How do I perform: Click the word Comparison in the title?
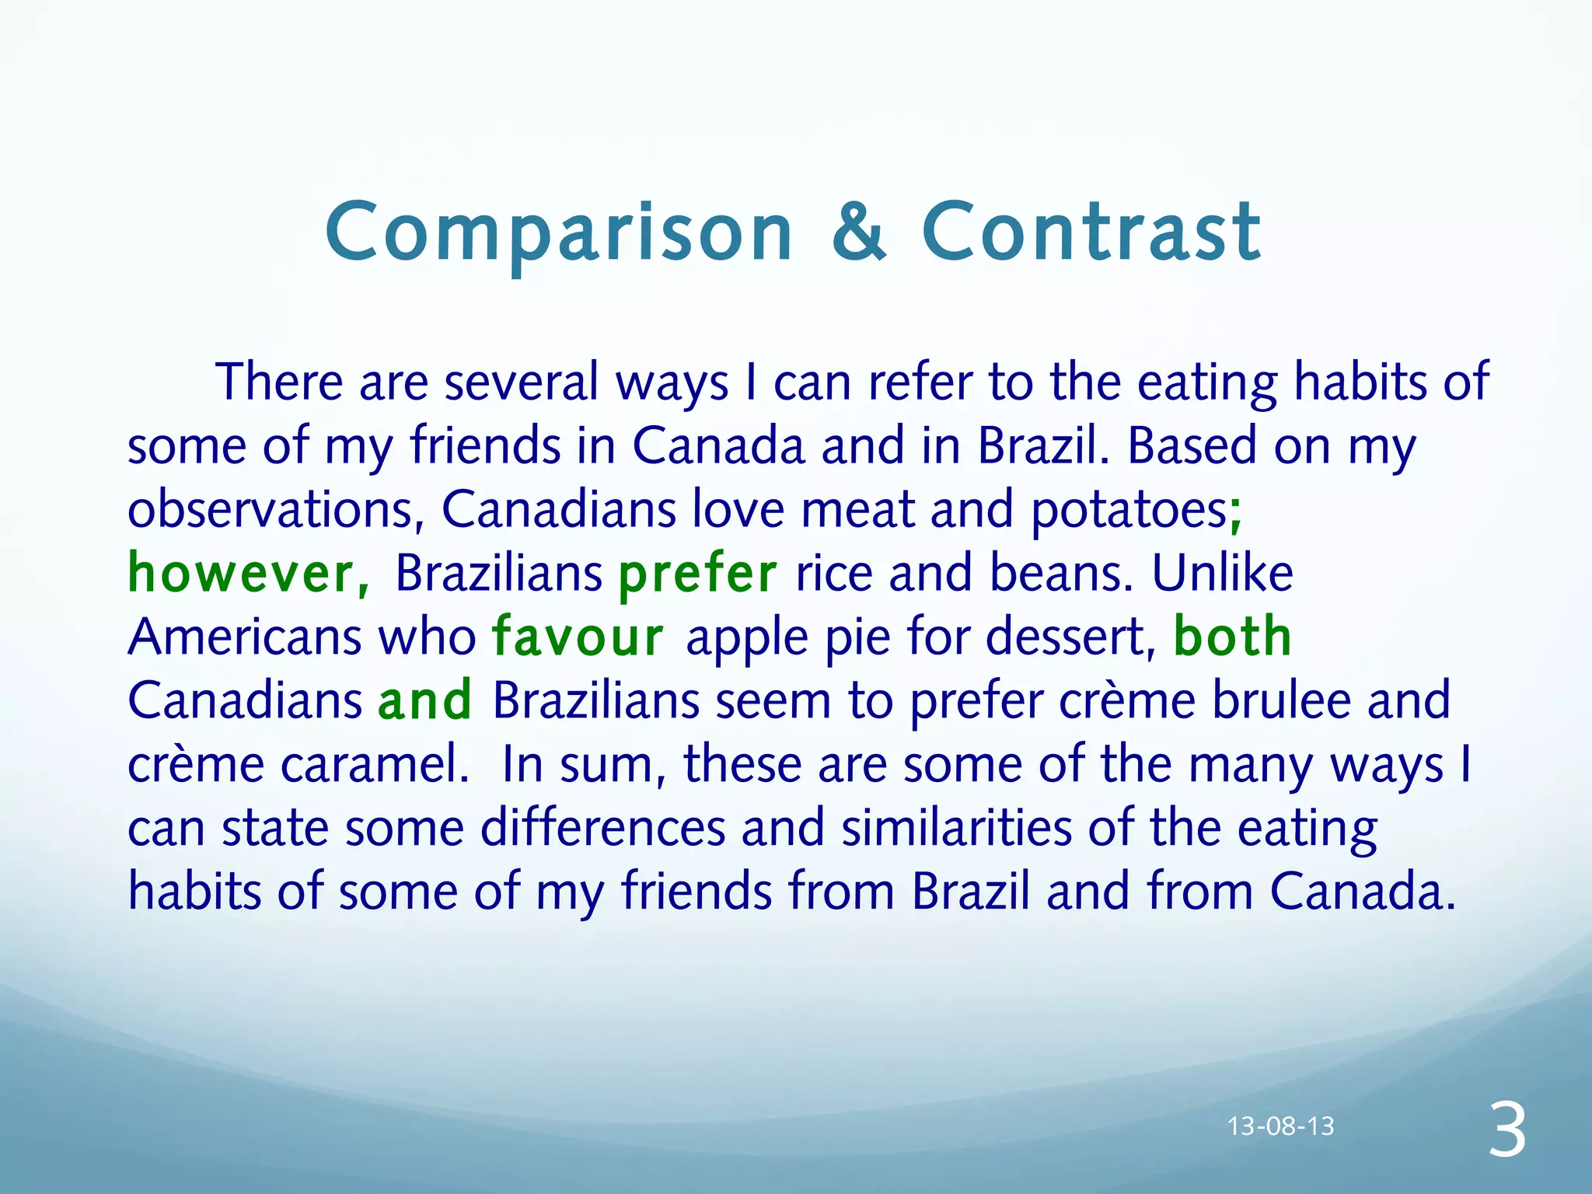pyautogui.click(x=559, y=232)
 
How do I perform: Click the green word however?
pyautogui.click(x=248, y=573)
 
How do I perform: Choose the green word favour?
pyautogui.click(x=578, y=637)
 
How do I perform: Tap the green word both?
pyautogui.click(x=1232, y=637)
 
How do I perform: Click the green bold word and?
pyautogui.click(x=424, y=700)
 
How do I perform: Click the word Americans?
pyautogui.click(x=245, y=637)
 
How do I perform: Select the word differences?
pyautogui.click(x=602, y=828)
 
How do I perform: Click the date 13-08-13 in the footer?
pyautogui.click(x=1280, y=1126)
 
